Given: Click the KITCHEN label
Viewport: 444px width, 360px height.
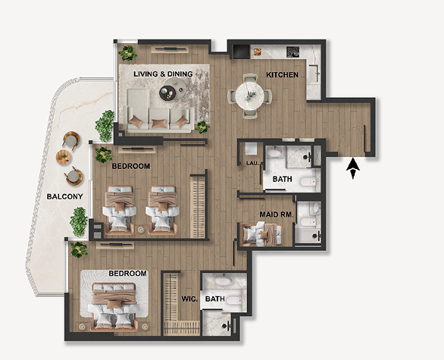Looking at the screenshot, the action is coord(282,75).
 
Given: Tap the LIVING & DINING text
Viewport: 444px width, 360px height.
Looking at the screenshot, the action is coord(163,74).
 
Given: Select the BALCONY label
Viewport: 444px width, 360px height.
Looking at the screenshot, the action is coord(64,196).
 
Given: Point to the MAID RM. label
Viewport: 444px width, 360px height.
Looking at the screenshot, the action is coord(277,214).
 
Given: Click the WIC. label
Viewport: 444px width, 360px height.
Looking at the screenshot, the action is coord(189,299).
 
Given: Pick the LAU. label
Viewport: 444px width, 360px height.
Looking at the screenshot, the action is coord(252,163).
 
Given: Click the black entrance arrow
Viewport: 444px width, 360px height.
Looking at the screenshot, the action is coord(353,168).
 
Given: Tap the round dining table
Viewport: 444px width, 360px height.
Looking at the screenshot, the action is coord(250,95).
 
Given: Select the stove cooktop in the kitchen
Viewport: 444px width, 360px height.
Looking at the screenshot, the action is coord(292,52).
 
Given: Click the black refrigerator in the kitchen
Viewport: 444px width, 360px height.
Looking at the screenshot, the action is coord(241,52).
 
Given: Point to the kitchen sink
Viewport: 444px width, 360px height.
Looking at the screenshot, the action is coord(314,74).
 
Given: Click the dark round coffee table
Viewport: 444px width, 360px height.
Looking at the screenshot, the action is coord(167,93).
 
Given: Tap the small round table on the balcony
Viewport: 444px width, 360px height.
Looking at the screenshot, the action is coord(63,157).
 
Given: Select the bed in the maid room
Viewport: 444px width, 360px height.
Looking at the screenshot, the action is coord(261,234).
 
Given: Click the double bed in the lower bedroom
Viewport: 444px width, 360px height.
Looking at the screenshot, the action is coord(114,307).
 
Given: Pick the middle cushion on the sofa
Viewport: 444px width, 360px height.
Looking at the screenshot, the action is coord(159,124).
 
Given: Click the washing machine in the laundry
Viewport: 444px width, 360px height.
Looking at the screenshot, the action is coord(251,149).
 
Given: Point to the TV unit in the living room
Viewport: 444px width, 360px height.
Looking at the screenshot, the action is coord(170,49).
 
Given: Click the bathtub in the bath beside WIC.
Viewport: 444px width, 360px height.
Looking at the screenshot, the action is coord(224,280).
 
